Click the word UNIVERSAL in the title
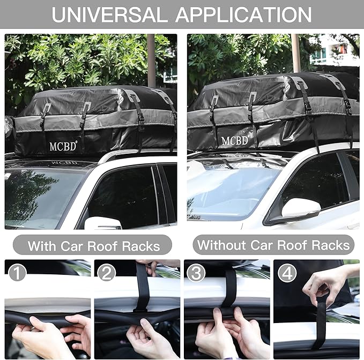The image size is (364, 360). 110,14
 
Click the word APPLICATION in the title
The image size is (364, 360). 243,14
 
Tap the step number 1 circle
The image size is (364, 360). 18,273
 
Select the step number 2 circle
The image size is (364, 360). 107,273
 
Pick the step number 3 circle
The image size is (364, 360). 196,273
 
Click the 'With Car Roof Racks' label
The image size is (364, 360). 94,246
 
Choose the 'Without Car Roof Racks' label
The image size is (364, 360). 273,245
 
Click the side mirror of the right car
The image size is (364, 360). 301,208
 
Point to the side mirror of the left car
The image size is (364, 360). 102,223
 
